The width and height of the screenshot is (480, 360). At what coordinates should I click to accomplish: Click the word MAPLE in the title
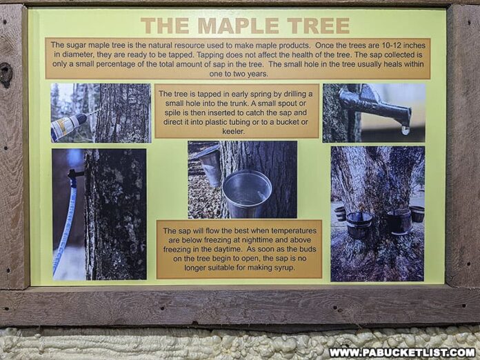[234, 26]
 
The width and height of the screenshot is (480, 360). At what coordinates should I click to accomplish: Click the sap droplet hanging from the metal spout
[406, 129]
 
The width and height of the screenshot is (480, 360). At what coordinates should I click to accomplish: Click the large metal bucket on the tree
[247, 193]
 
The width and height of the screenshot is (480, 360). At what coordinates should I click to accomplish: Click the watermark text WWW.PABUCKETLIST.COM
[401, 352]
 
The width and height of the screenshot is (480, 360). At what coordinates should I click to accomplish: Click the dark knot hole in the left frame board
[6, 74]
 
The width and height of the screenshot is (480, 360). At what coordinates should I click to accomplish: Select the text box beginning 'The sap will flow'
[239, 248]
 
